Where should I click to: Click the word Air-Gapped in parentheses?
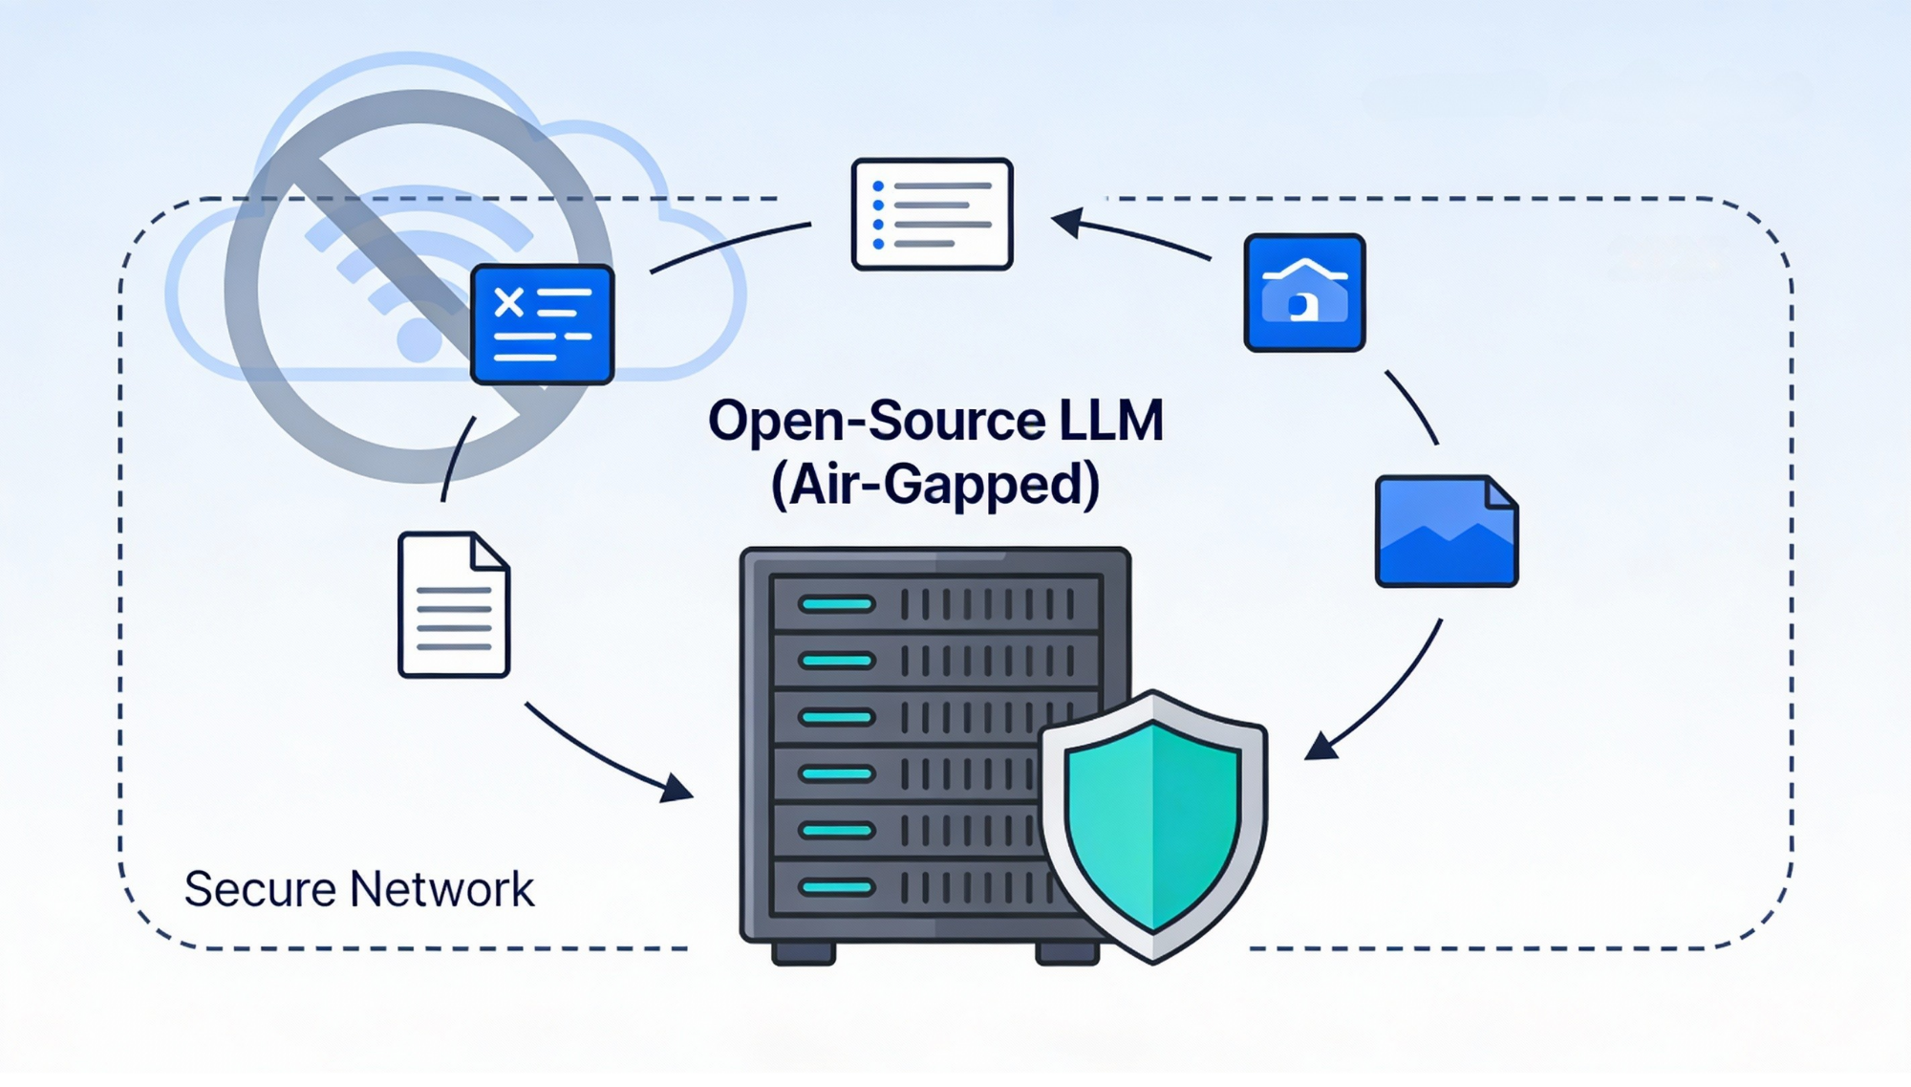936,484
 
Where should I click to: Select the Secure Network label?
358,889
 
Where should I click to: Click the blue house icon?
1304,293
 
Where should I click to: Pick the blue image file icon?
1446,532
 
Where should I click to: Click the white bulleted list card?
932,214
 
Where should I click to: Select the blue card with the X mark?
542,325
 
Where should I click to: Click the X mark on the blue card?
509,303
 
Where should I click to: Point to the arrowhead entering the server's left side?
678,789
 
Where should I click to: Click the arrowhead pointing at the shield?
1321,747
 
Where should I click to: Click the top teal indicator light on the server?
837,604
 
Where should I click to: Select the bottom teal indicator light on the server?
837,887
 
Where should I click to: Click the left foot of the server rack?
804,953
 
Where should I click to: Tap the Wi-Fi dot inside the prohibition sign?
418,341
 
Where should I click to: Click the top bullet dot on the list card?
878,186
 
